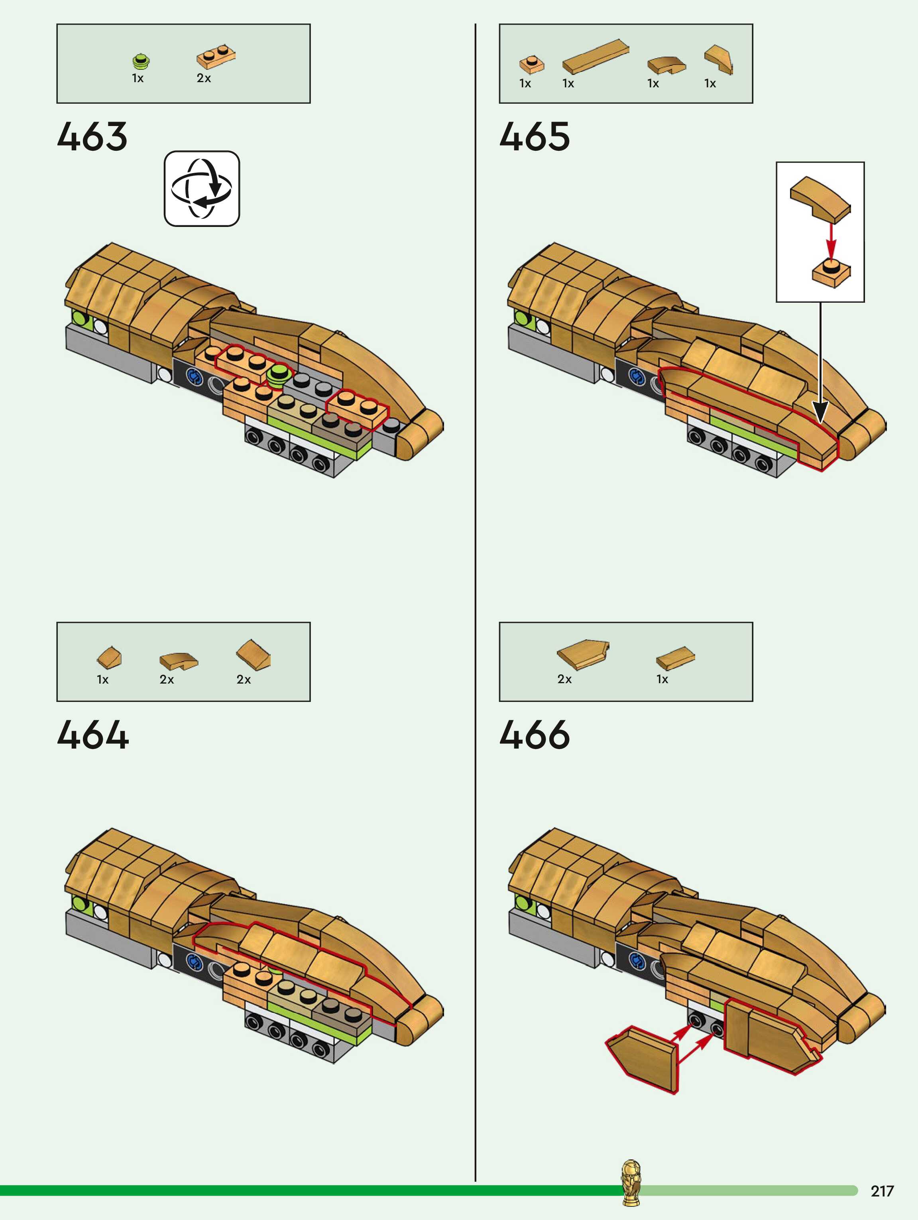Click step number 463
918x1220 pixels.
[x=92, y=137]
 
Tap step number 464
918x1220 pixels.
[x=92, y=735]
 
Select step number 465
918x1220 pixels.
[x=534, y=137]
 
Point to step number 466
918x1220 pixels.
[x=534, y=735]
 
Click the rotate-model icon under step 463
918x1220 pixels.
[x=202, y=189]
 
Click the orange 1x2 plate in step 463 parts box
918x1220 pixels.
[x=216, y=56]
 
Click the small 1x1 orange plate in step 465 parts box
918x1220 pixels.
[x=531, y=63]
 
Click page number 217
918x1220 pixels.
[x=882, y=1191]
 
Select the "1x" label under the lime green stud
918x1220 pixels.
[x=138, y=78]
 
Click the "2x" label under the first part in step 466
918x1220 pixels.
[x=564, y=679]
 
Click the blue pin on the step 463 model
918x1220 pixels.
[x=193, y=377]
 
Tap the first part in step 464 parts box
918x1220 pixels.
[x=109, y=656]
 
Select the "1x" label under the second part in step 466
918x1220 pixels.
[x=662, y=679]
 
